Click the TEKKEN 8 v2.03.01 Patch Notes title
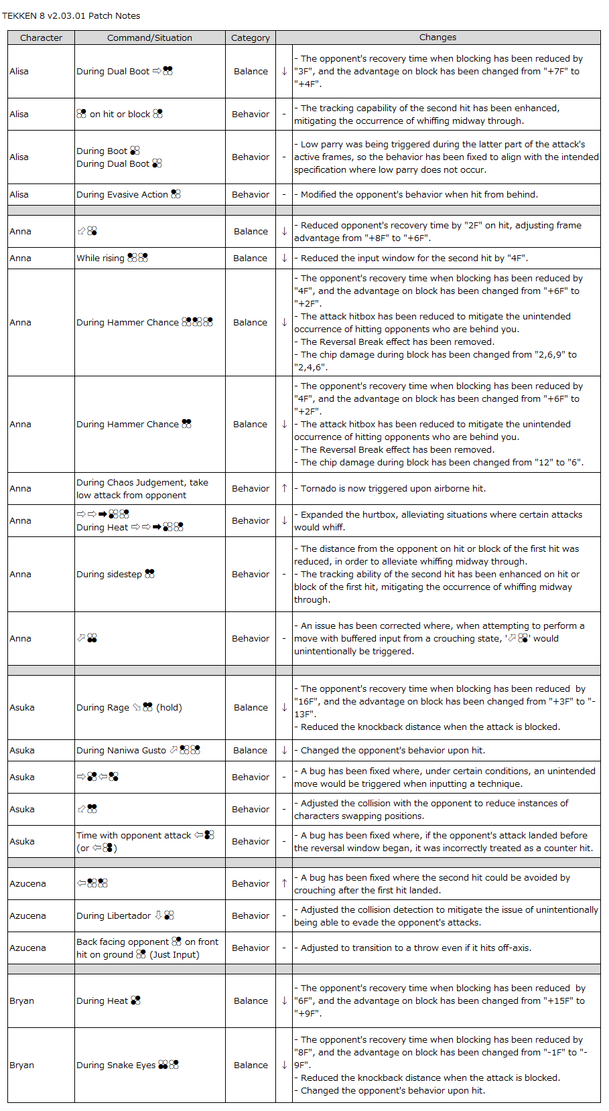coord(71,15)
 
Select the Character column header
coord(41,38)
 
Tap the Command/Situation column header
coord(149,38)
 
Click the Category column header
coord(251,38)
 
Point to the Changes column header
coord(437,38)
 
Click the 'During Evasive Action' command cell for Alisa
coord(128,194)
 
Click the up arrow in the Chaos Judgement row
coord(284,488)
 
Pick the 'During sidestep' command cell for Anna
coord(115,574)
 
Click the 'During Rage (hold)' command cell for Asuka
coord(129,707)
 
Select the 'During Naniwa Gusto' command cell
coord(137,750)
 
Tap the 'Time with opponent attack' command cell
coord(145,841)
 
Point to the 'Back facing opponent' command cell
coord(147,948)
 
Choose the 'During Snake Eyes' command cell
coord(127,1065)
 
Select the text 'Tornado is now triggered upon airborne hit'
coord(393,488)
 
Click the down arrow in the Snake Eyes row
coord(284,1065)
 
